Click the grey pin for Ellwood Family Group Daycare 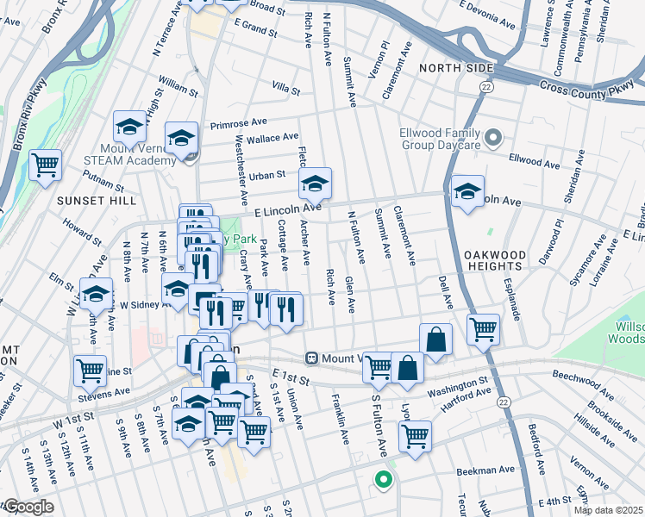[x=493, y=137]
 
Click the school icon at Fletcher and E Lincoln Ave [x=315, y=183]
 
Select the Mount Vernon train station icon [x=315, y=358]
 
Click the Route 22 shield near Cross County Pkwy [x=487, y=87]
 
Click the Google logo [x=28, y=507]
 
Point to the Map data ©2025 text [x=608, y=510]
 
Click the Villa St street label [x=285, y=90]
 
